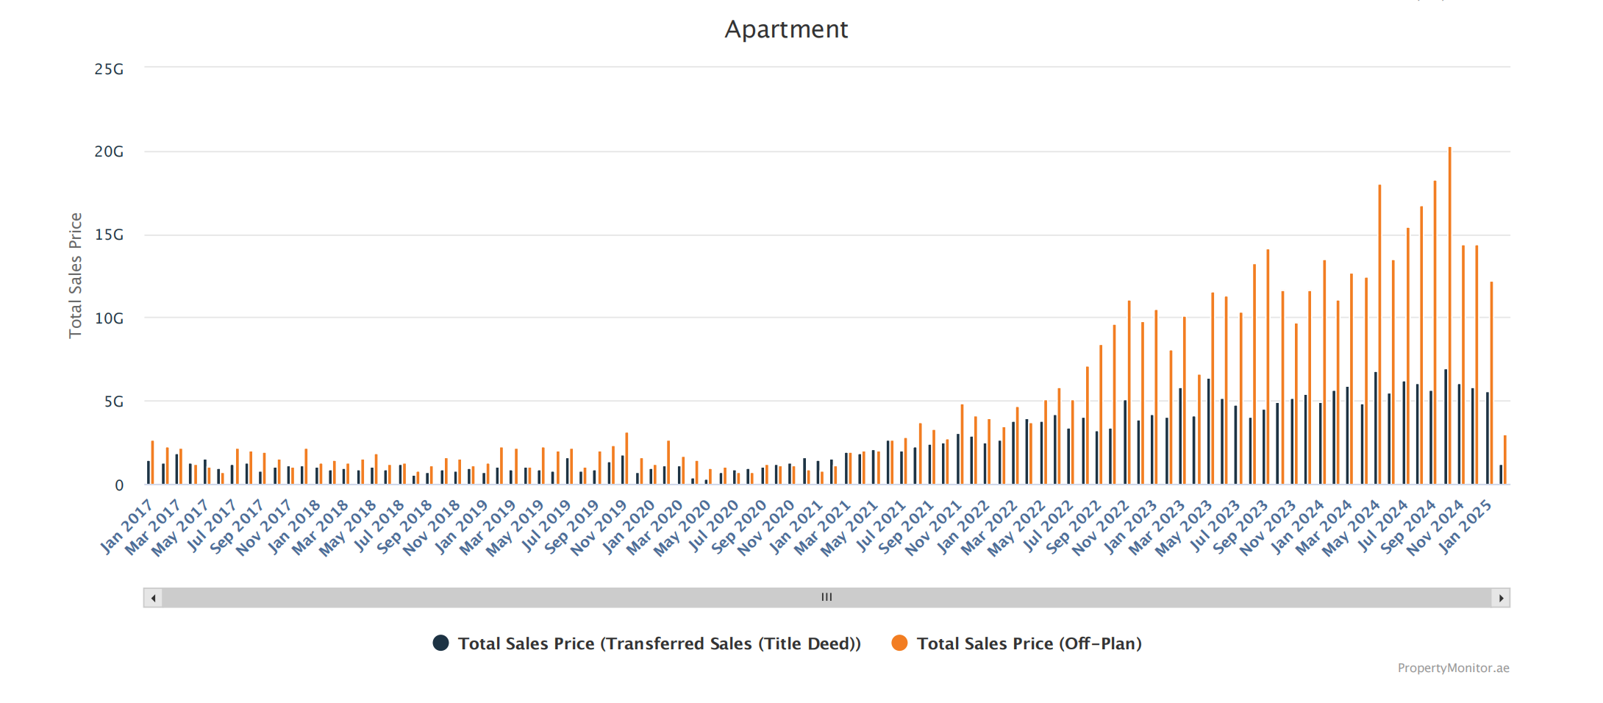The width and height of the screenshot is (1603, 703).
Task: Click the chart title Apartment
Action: coord(786,29)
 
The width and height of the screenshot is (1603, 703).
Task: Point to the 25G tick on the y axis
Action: coord(109,69)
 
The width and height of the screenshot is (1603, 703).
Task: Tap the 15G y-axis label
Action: coord(109,235)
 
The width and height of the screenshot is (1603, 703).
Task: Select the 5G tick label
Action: coord(113,402)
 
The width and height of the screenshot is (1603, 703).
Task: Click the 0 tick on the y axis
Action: coord(119,485)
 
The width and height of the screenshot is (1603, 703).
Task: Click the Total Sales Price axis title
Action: coord(75,275)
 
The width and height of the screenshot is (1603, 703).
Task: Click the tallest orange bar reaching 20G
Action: coord(1449,316)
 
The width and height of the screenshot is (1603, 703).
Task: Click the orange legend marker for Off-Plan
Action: coord(899,643)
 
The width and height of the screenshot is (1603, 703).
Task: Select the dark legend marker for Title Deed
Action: coord(440,643)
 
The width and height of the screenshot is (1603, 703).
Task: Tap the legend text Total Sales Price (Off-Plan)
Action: coord(1029,643)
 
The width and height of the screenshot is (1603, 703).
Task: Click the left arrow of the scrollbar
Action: coord(153,598)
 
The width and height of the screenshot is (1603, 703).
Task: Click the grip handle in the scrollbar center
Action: coord(827,597)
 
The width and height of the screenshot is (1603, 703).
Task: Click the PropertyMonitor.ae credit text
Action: coord(1453,668)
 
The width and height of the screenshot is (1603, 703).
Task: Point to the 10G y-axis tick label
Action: coord(109,318)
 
